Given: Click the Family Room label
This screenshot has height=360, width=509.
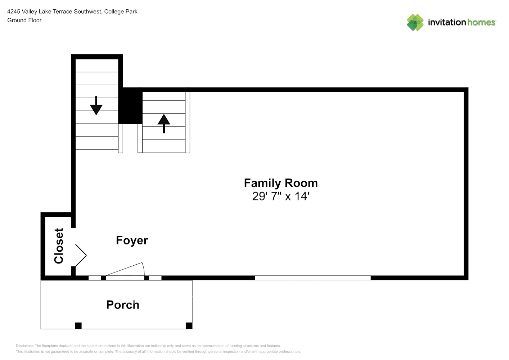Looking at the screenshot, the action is click(281, 183).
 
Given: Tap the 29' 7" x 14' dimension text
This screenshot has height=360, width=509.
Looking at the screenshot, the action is click(281, 196).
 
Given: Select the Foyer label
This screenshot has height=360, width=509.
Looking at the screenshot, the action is click(132, 240).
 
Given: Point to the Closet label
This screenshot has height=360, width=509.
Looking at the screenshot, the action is click(59, 246).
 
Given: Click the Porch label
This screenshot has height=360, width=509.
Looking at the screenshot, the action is click(123, 305).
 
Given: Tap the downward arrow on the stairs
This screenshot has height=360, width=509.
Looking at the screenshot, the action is click(96, 106).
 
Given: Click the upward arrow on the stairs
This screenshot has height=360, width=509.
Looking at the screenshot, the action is click(164, 123).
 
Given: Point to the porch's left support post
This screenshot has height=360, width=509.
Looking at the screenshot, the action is click(78, 326).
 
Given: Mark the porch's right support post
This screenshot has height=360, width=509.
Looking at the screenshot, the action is click(189, 326).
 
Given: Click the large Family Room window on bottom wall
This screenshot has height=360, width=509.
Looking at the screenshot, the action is click(313, 278).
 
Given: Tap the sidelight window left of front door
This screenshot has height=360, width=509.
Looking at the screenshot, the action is click(95, 278).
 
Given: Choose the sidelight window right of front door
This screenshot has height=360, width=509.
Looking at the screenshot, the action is click(155, 278).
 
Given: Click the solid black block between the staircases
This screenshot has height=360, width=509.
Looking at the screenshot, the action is click(130, 106).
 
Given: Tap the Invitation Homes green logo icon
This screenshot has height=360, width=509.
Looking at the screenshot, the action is click(415, 22).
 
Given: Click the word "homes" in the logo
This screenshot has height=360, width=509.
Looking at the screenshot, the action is click(481, 22).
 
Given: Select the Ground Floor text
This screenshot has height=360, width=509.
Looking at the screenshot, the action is click(24, 20).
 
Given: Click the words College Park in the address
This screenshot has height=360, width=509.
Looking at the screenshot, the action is click(121, 12).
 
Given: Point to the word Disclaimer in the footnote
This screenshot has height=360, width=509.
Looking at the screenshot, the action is click(24, 346).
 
